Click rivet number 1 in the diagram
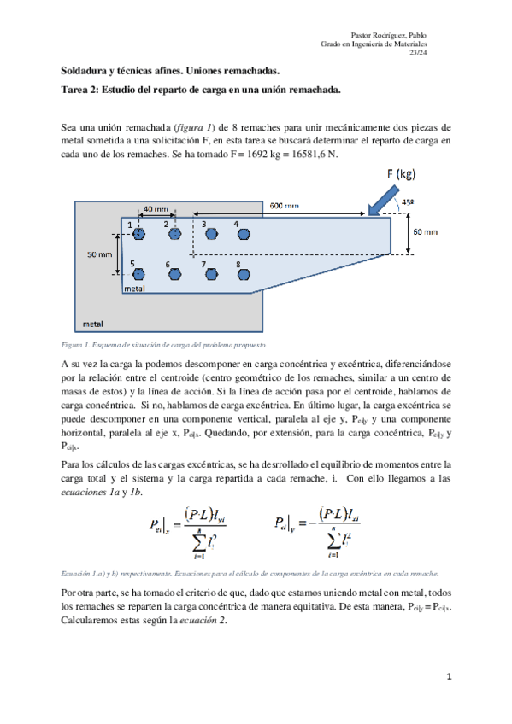click(x=139, y=233)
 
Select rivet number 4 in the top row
click(x=244, y=233)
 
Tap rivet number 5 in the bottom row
click(x=139, y=274)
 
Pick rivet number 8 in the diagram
click(x=244, y=274)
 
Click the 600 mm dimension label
click(x=285, y=206)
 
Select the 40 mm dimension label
click(x=155, y=208)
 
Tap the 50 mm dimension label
click(x=99, y=254)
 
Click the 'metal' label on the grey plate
click(x=91, y=324)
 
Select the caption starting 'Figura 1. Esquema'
click(x=163, y=345)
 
